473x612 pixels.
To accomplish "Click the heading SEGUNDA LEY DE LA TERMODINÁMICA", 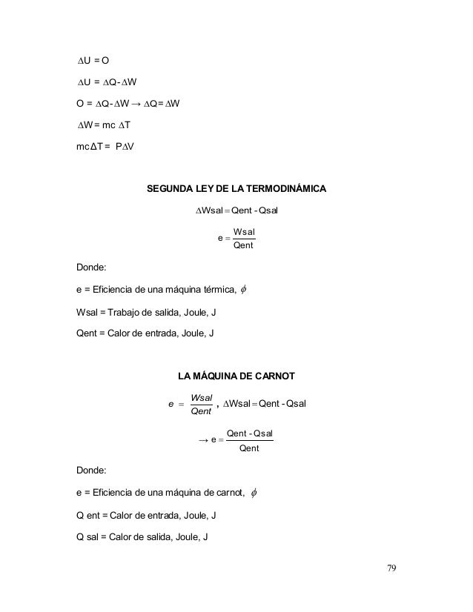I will point(236,189).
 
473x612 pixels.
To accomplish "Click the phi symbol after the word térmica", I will point(245,290).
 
